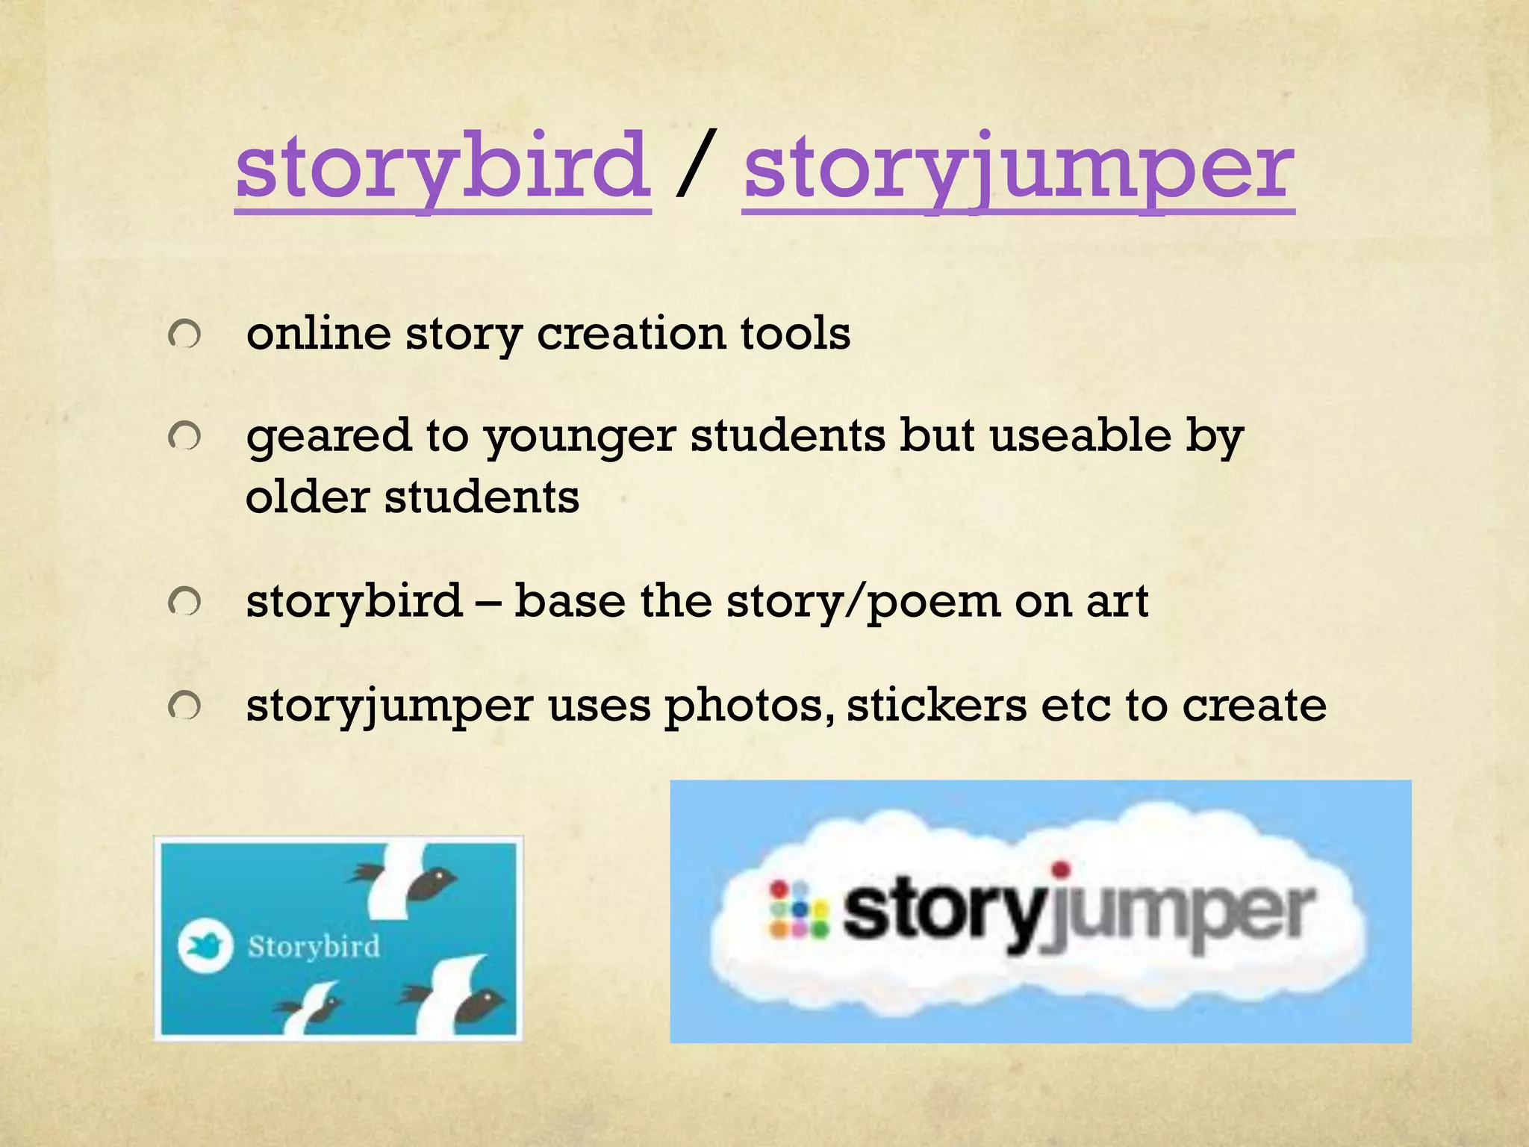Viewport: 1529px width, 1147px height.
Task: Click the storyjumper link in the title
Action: [x=1018, y=169]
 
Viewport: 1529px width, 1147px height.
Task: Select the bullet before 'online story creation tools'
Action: [x=184, y=334]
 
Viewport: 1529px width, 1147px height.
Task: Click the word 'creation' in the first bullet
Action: [x=631, y=333]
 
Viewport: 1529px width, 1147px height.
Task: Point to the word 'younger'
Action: [x=579, y=438]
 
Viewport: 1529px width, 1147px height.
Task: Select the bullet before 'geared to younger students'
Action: [x=184, y=436]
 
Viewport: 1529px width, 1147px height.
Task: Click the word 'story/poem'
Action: [x=863, y=602]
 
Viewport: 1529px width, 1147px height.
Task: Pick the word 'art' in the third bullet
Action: [x=1117, y=602]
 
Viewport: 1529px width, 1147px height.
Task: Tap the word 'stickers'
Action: [x=936, y=705]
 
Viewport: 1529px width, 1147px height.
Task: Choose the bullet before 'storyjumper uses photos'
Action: [x=184, y=705]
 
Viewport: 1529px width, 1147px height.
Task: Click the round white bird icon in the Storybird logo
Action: [x=205, y=946]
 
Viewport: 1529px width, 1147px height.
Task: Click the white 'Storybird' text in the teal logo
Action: [x=314, y=946]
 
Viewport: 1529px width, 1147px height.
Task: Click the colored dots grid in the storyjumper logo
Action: [x=798, y=909]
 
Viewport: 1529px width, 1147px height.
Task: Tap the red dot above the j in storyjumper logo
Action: [x=1060, y=869]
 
